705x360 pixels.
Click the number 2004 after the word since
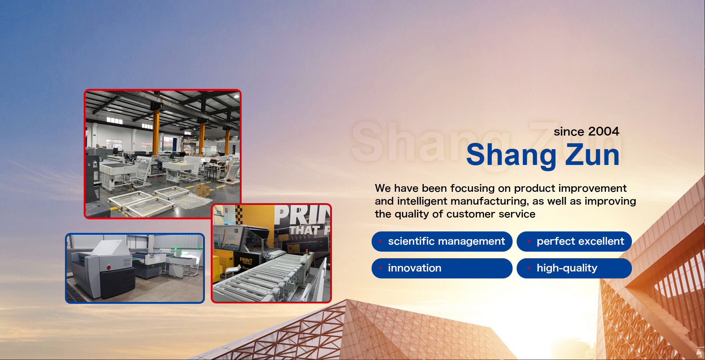(604, 132)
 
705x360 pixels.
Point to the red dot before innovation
(380, 268)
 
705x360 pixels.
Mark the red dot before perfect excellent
(529, 241)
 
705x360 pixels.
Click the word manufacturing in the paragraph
(489, 202)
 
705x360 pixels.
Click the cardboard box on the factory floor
(203, 191)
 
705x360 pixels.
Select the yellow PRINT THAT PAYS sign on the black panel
(246, 261)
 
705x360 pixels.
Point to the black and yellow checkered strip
(239, 215)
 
